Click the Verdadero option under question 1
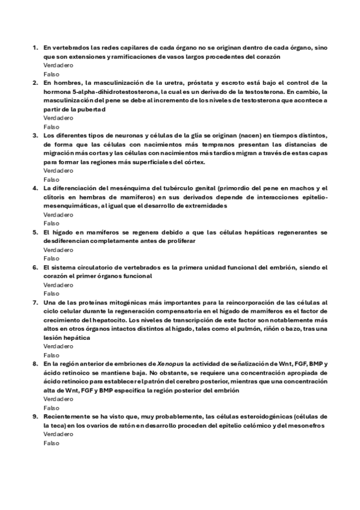58,64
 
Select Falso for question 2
52,127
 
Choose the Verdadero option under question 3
58,171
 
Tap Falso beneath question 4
52,223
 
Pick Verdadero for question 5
58,249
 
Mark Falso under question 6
52,293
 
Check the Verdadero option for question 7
58,346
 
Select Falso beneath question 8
52,407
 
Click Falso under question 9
52,443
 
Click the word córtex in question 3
194,162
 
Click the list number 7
34,302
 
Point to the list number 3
34,135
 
